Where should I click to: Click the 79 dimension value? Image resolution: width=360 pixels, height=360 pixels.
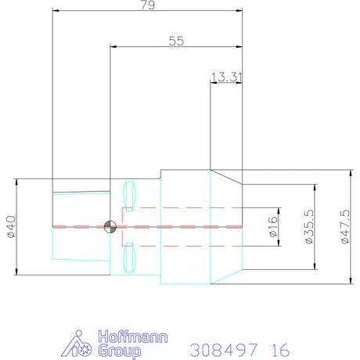click(148, 5)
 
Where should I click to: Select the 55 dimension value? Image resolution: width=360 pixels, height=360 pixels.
click(176, 41)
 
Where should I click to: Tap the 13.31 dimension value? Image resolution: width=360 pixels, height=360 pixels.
click(226, 77)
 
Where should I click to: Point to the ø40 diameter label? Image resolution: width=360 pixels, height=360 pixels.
click(12, 227)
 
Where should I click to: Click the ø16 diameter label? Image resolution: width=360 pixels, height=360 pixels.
click(273, 227)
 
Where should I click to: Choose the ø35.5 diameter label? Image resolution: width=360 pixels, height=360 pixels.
click(309, 226)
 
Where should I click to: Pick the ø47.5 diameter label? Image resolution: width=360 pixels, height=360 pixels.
click(345, 226)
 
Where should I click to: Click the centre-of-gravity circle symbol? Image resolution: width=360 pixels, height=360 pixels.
click(110, 227)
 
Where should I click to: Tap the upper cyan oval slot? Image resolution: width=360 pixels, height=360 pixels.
click(129, 196)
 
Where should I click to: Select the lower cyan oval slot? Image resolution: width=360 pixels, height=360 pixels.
click(129, 257)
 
